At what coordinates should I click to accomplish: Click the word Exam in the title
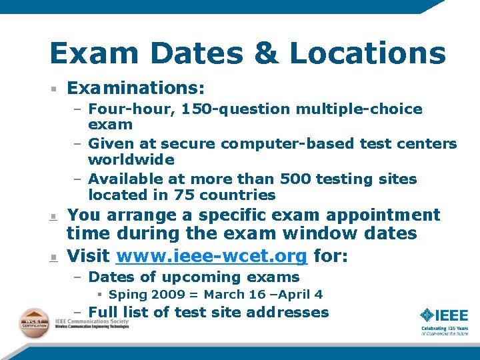pos(93,53)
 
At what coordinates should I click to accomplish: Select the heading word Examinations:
pos(136,88)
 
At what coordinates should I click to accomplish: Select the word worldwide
pos(131,160)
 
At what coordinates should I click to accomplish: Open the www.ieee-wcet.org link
pos(211,256)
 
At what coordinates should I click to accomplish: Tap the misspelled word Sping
pos(128,295)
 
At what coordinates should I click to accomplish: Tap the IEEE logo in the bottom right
pos(444,317)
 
